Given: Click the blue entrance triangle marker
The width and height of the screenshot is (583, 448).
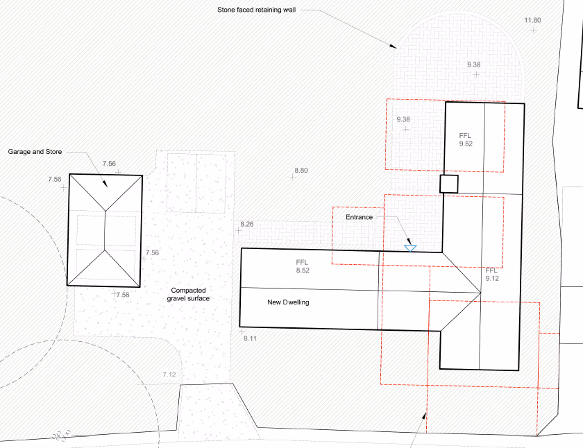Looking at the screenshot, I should (x=410, y=246).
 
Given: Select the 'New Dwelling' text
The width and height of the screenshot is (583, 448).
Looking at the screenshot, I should (x=288, y=302).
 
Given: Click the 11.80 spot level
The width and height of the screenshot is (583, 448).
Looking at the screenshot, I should (x=532, y=21).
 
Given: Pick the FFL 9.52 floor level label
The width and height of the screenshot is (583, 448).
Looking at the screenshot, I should (x=466, y=139).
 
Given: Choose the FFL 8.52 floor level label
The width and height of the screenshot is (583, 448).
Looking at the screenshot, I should (x=302, y=266).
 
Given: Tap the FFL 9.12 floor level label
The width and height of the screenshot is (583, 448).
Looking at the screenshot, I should (x=492, y=274).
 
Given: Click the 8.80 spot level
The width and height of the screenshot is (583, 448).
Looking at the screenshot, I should (x=301, y=170).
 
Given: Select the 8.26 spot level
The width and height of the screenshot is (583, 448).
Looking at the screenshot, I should (x=247, y=224).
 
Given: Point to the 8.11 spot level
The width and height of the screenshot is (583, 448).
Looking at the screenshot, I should (x=250, y=338).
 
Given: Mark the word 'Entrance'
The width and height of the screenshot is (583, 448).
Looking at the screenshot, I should (x=360, y=217).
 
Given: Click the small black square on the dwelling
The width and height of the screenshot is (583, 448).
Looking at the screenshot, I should (x=449, y=184).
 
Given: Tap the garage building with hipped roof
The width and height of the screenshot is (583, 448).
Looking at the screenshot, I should (x=105, y=230).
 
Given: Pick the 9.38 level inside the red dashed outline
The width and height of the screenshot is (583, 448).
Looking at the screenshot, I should (x=403, y=120).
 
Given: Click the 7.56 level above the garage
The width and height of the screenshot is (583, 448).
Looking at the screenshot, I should (x=109, y=164).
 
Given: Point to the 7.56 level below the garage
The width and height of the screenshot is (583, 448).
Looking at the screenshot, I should (x=122, y=295).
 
